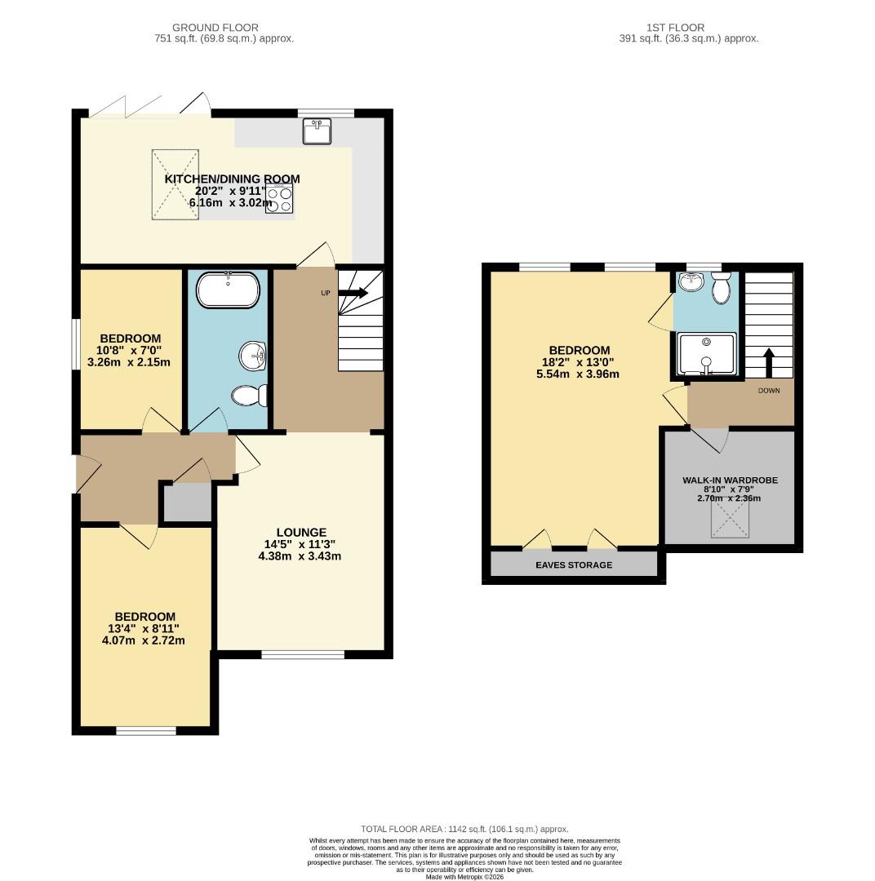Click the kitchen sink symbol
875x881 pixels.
pyautogui.click(x=317, y=131)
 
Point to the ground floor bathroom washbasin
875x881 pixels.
pyautogui.click(x=253, y=356)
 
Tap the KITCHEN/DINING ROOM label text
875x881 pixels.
pyautogui.click(x=232, y=179)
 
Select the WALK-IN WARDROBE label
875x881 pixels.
pyautogui.click(x=730, y=480)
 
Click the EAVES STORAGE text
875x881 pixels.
pyautogui.click(x=574, y=564)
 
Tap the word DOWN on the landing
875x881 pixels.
pyautogui.click(x=769, y=390)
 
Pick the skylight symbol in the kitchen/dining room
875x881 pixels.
pyautogui.click(x=175, y=184)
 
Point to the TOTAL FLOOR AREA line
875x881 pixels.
pyautogui.click(x=464, y=829)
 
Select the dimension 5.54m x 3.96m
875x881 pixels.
pyautogui.click(x=573, y=374)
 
